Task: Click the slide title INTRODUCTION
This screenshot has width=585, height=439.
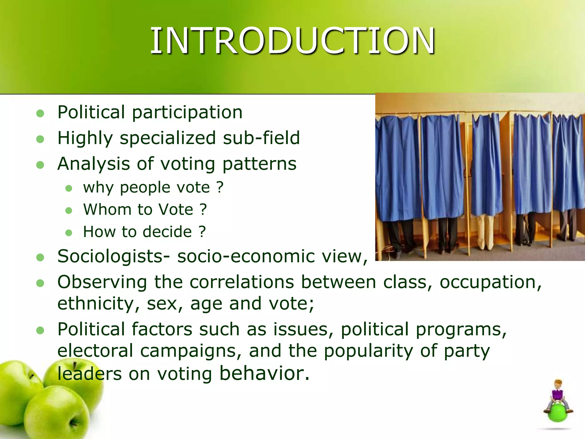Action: (292, 41)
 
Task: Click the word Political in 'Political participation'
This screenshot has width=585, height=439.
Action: (91, 112)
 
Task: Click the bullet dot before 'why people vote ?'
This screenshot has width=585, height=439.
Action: (69, 188)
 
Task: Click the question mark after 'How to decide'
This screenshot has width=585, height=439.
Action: (202, 232)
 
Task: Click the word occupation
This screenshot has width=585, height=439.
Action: (490, 282)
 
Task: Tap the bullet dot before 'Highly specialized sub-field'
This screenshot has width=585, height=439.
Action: (40, 139)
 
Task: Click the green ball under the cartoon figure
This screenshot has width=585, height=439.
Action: (558, 413)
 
